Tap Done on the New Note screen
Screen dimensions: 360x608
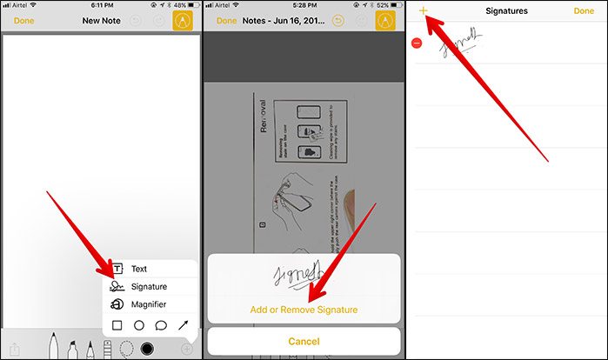tap(24, 20)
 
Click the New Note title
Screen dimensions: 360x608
tap(101, 20)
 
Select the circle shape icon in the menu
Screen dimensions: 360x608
tap(138, 325)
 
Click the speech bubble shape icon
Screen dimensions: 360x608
tap(161, 325)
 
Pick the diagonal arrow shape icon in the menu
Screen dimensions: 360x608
tap(184, 325)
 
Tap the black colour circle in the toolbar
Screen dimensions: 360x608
tap(147, 349)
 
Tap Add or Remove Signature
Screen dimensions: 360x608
tap(304, 309)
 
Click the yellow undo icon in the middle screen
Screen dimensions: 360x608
tap(337, 20)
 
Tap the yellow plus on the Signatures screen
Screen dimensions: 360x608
tap(423, 10)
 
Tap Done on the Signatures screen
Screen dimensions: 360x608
tap(584, 11)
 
